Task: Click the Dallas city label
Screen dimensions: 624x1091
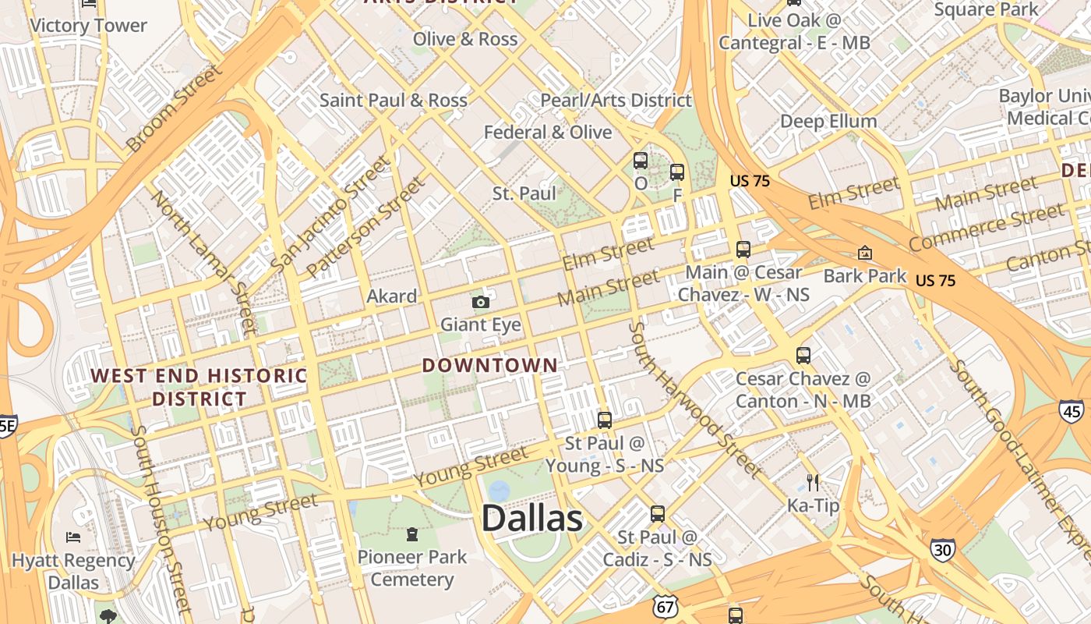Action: (x=532, y=519)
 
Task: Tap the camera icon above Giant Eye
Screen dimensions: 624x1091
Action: (x=481, y=302)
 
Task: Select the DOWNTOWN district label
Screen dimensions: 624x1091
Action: (x=490, y=365)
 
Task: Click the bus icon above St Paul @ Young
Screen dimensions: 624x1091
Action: (x=604, y=420)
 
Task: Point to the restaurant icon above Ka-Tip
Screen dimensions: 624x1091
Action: (x=813, y=483)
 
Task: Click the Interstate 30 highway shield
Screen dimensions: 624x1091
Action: (x=942, y=549)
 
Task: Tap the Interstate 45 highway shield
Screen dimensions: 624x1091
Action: (x=1071, y=410)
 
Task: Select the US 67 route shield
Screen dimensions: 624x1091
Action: (x=667, y=607)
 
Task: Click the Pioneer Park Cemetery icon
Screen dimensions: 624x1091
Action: (x=411, y=534)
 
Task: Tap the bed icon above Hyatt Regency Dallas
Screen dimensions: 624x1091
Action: (x=72, y=537)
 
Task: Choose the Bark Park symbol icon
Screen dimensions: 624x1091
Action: (x=864, y=253)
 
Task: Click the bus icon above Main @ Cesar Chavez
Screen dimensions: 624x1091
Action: (x=743, y=250)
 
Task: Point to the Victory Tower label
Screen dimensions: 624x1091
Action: (x=88, y=26)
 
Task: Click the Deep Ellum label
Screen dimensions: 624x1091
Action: (x=828, y=122)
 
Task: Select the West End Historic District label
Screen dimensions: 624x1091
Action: (x=199, y=387)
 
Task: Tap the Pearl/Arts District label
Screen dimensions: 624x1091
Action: (x=616, y=100)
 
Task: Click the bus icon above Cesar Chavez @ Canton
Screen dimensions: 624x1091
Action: (x=803, y=356)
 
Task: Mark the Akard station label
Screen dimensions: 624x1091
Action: (x=392, y=296)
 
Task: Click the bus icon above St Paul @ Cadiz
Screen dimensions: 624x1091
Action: (x=658, y=514)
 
